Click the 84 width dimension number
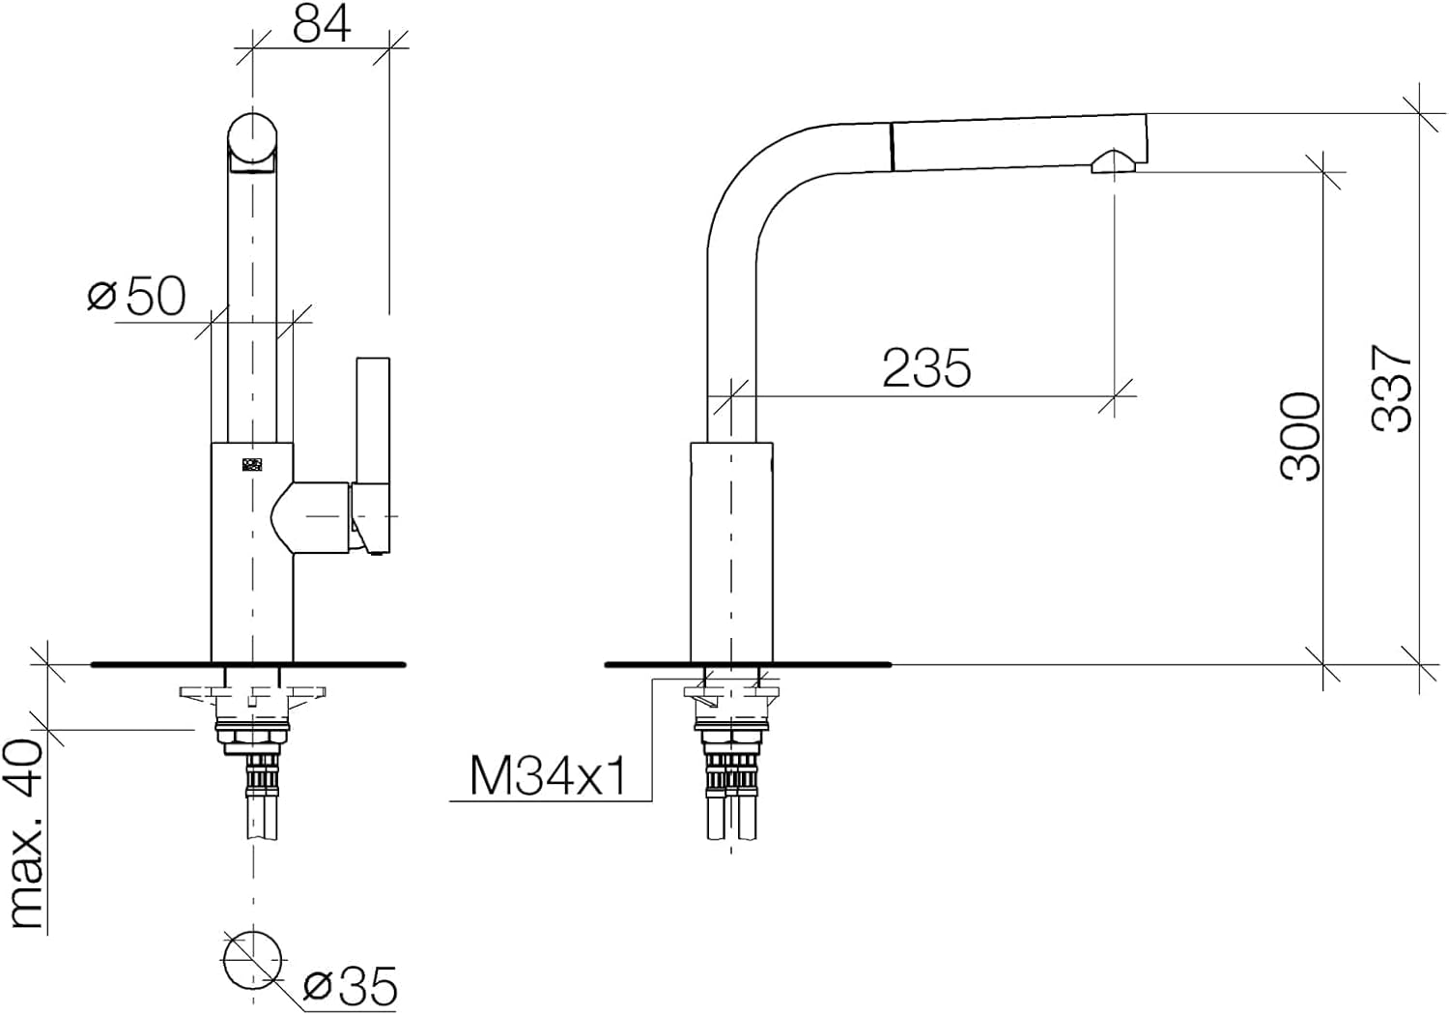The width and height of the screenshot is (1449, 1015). click(x=322, y=25)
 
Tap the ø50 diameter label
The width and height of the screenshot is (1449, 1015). click(x=137, y=297)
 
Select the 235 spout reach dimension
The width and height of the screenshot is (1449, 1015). click(x=926, y=367)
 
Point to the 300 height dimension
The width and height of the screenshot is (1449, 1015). click(x=1300, y=437)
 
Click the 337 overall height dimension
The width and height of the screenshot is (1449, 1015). click(x=1391, y=389)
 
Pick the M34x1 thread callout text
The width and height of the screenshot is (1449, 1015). click(x=549, y=777)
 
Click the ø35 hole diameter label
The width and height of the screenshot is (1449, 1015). click(x=350, y=987)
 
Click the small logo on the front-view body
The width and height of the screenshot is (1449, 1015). click(x=252, y=464)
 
